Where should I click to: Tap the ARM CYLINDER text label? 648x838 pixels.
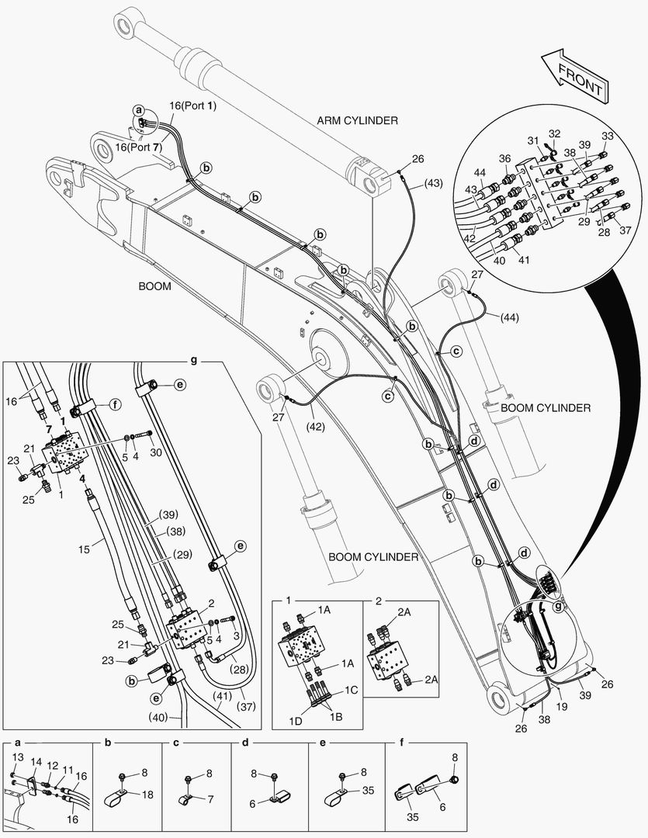357,120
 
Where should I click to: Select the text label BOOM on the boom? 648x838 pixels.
154,285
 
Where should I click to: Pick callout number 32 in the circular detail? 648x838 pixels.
554,133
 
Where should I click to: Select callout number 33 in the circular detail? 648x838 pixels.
607,135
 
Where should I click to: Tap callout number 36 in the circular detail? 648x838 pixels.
504,159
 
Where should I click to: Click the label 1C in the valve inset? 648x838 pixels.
352,689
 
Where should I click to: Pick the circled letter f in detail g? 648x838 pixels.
114,403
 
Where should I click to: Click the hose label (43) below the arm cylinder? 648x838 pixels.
434,183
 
